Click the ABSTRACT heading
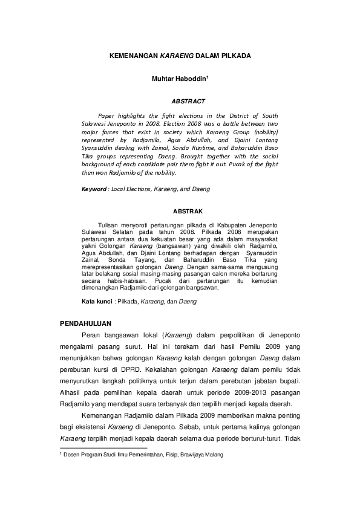point(188,102)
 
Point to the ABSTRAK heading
point(188,212)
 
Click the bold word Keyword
point(94,189)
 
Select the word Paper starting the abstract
point(106,115)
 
